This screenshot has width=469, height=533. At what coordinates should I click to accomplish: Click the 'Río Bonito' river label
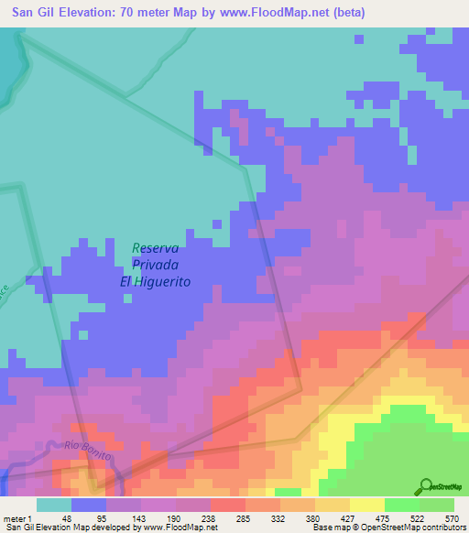click(x=89, y=450)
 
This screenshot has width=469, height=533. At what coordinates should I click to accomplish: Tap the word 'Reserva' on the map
click(x=156, y=247)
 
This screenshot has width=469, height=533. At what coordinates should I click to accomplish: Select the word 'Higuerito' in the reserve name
click(x=165, y=282)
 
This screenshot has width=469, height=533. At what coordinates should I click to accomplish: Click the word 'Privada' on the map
click(x=156, y=265)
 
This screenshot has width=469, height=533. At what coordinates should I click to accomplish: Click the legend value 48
click(x=66, y=517)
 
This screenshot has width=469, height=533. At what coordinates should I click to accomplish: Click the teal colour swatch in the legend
click(x=54, y=505)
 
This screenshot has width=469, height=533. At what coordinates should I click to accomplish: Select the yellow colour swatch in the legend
click(x=366, y=505)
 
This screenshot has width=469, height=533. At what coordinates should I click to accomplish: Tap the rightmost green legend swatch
click(x=437, y=505)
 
